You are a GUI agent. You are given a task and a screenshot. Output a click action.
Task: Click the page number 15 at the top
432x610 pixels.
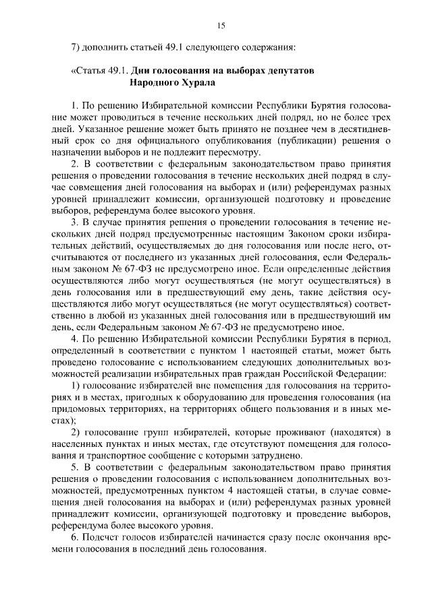point(221,26)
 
